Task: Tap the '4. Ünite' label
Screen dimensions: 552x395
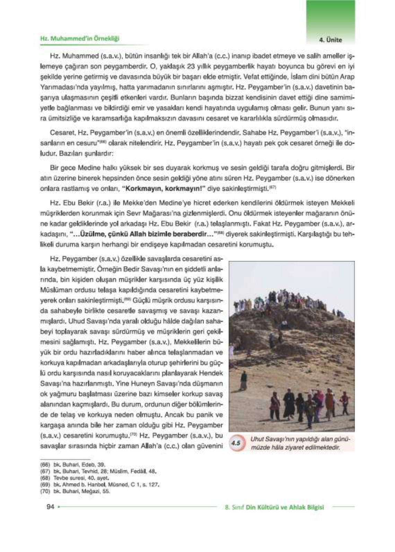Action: point(330,40)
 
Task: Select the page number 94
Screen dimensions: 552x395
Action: point(51,507)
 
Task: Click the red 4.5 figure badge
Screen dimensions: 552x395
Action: point(236,443)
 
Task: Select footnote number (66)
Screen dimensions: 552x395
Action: point(45,465)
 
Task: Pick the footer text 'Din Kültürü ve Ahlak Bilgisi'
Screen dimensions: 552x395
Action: point(285,507)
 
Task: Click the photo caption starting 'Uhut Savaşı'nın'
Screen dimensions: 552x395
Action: point(300,443)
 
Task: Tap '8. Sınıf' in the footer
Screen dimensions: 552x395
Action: point(235,507)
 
